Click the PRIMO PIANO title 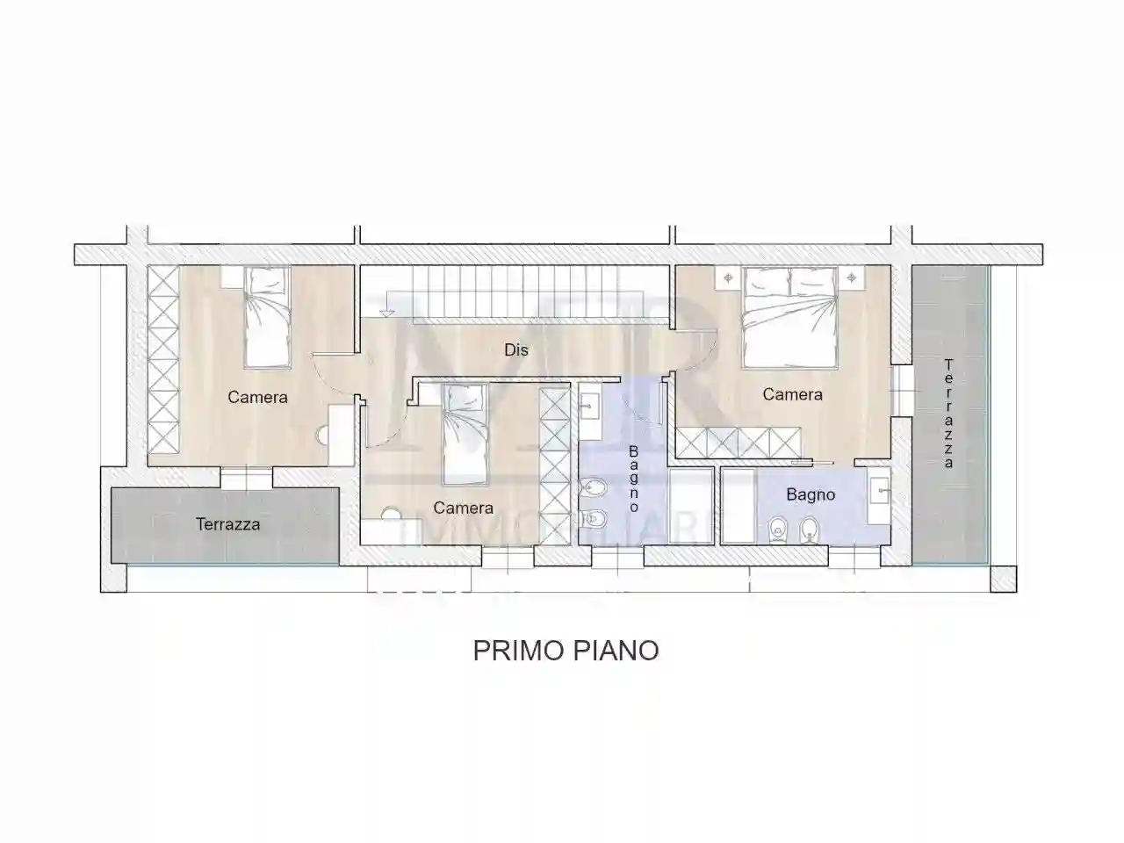[566, 651]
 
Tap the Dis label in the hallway [516, 349]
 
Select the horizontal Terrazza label [227, 524]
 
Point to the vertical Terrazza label [948, 413]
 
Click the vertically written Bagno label [634, 479]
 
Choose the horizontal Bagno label [811, 494]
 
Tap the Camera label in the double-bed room [792, 394]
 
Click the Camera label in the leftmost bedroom [257, 397]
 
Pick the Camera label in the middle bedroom [463, 508]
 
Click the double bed [789, 317]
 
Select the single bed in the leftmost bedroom [266, 317]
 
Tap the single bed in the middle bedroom [463, 434]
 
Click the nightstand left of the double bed [728, 278]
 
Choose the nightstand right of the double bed [851, 278]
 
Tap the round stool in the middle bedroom [390, 514]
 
